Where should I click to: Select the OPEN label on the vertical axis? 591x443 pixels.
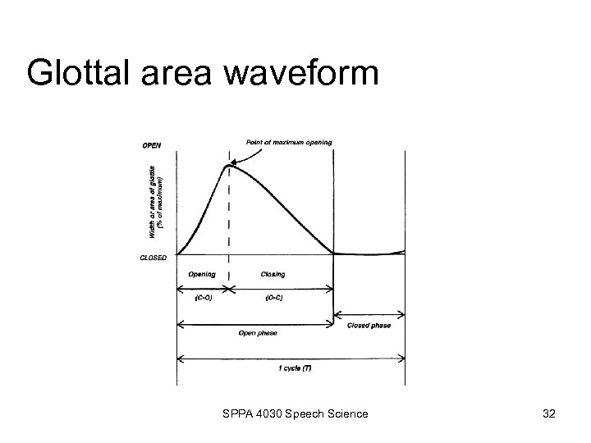pos(152,146)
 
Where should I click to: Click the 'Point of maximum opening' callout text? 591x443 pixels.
pos(290,142)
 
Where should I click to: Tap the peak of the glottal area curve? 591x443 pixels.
pos(227,167)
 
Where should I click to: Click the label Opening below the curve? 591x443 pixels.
pos(202,274)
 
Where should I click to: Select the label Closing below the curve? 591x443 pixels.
pos(273,274)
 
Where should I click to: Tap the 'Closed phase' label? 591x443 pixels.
pos(369,325)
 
